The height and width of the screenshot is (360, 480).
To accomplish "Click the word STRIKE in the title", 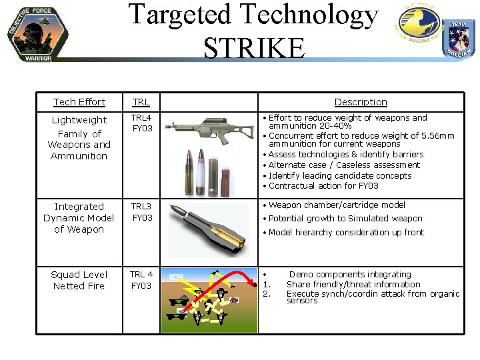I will pos(254,48).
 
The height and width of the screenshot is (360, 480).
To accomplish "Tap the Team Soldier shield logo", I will pos(459,39).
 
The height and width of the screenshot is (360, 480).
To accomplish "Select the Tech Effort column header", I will pos(79,102).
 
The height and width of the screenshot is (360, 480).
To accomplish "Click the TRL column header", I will pos(141,102).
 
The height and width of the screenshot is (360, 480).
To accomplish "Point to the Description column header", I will pos(360,102).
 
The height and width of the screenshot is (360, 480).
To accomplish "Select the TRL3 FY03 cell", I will pos(141,212).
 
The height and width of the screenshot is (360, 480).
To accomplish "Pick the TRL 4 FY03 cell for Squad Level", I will pos(141,280).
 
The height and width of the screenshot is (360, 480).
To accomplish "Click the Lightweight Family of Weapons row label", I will pos(79,138).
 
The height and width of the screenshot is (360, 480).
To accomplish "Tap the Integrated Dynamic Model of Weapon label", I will pos(79,218).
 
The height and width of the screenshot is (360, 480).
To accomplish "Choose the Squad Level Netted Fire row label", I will pos(79,280).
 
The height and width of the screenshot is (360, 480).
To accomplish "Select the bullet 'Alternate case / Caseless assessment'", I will pos(344,165).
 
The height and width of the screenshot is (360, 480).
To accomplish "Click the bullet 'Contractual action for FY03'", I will pos(323,186).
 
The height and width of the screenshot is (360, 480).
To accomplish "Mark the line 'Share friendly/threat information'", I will pos(353,284).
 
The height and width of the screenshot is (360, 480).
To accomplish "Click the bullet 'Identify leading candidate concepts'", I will pos(340,175).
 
